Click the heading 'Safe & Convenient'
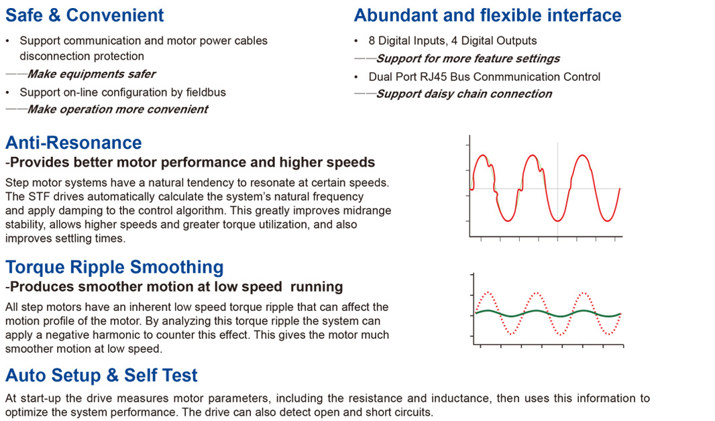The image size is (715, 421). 85,15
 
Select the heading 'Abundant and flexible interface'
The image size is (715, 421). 488,15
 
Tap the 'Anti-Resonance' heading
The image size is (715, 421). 73,143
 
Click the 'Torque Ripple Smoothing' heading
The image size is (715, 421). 115,267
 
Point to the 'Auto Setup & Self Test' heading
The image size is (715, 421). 102,375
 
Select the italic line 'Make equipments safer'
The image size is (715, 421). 91,74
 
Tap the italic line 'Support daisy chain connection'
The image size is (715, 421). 463,94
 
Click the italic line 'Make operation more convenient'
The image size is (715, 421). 117,109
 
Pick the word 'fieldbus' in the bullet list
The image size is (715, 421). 206,93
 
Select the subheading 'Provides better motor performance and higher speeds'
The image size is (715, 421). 192,162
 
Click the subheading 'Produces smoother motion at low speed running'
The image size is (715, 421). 176,287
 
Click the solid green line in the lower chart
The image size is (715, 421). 548,314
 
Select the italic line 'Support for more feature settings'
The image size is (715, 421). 468,59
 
